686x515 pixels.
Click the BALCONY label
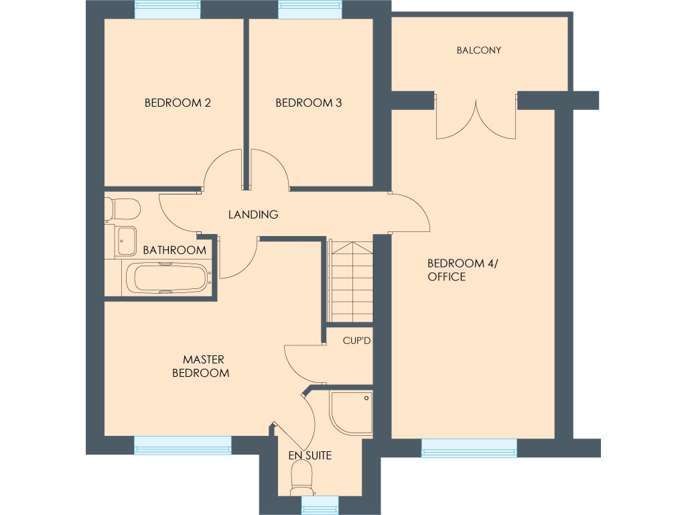[x=478, y=50]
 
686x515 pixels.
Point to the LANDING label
[x=253, y=215]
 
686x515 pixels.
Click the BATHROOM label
[x=174, y=250]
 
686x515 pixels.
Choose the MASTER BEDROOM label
[x=201, y=366]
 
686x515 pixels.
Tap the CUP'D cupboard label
[x=356, y=341]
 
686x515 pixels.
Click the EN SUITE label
[x=310, y=455]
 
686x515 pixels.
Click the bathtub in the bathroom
[x=166, y=278]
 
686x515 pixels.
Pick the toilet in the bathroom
[x=123, y=209]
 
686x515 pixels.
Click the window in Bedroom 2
[x=167, y=9]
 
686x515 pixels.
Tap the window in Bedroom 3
[x=310, y=9]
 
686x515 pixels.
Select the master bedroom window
[x=182, y=445]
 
